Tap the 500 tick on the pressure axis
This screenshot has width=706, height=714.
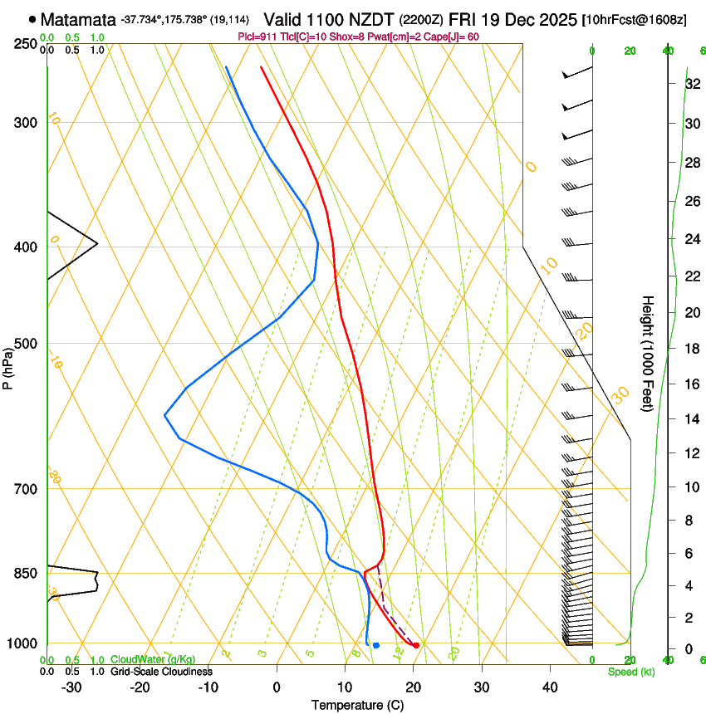coord(25,344)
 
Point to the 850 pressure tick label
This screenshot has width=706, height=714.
coord(25,573)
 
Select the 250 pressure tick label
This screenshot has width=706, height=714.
coord(25,43)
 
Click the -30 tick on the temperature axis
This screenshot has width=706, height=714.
coord(71,687)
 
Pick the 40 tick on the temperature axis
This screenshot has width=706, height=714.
coord(549,687)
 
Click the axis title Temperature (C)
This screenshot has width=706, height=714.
coord(357,705)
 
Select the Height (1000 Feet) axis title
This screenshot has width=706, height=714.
coord(648,353)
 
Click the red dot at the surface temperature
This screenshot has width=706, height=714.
coord(416,645)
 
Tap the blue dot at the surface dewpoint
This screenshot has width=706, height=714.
coord(376,645)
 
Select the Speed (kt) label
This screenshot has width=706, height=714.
coord(631,672)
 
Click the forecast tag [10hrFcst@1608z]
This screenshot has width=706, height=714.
coord(635,19)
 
